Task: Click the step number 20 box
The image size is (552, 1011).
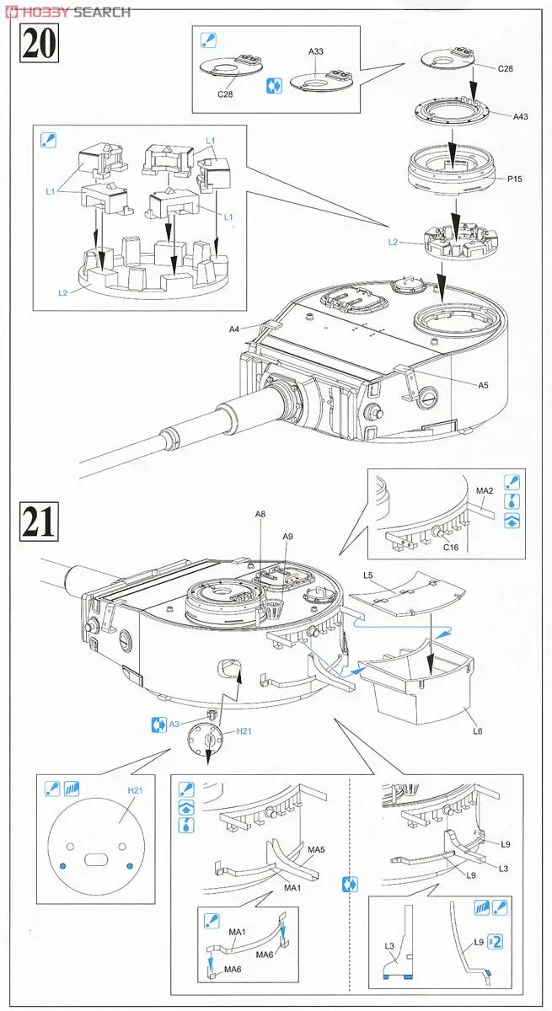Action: (x=38, y=43)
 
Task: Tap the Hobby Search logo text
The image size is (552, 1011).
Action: (x=67, y=12)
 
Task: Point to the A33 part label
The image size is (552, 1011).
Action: (x=316, y=52)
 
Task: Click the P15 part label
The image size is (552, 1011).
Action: (x=516, y=179)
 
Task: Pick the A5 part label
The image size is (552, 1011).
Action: (x=483, y=385)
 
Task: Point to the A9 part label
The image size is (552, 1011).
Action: (x=287, y=537)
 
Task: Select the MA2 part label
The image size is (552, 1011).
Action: (x=485, y=491)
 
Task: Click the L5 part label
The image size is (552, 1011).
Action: (x=368, y=575)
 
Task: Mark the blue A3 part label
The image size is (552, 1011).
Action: (x=174, y=723)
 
